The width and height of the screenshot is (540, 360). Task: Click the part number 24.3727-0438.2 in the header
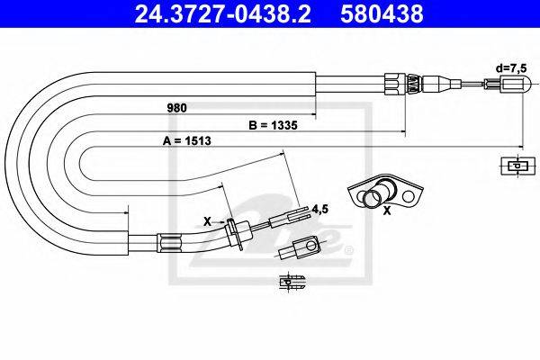[222, 13]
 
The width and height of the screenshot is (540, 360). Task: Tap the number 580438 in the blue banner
[382, 13]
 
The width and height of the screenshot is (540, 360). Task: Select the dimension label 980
[176, 108]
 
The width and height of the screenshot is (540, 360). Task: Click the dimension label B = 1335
[273, 125]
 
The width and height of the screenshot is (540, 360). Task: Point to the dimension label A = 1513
[186, 140]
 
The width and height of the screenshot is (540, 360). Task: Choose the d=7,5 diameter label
[511, 68]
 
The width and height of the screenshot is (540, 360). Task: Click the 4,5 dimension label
[319, 209]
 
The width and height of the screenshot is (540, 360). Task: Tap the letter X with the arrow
[207, 221]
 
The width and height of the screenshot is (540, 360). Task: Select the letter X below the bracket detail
[387, 211]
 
